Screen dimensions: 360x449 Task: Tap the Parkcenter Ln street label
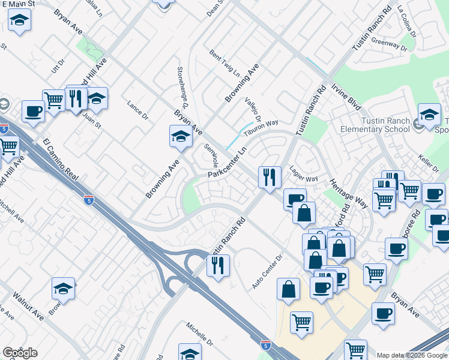pyautogui.click(x=228, y=163)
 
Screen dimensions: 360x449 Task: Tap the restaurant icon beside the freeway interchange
pyautogui.click(x=218, y=265)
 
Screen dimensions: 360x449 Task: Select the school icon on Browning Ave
pyautogui.click(x=181, y=136)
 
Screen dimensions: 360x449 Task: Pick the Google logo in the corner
pyautogui.click(x=20, y=353)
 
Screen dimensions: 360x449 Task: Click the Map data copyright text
pyautogui.click(x=411, y=355)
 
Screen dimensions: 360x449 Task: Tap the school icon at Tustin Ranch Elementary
pyautogui.click(x=430, y=114)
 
